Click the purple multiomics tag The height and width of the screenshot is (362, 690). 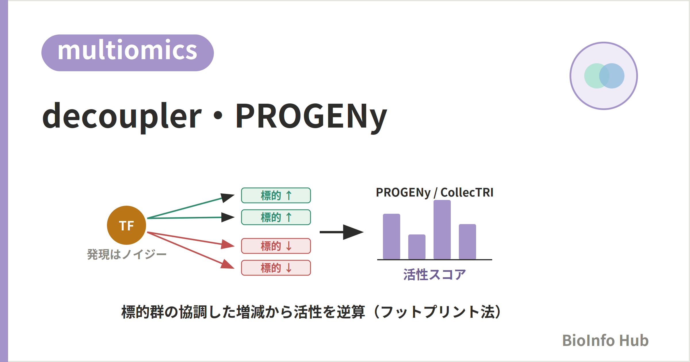click(x=128, y=53)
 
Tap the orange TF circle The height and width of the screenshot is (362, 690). click(x=126, y=225)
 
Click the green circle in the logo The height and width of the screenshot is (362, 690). click(x=592, y=76)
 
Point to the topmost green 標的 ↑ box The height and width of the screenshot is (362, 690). click(x=276, y=195)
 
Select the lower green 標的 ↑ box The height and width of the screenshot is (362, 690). click(x=276, y=217)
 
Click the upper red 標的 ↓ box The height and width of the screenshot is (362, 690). click(x=276, y=246)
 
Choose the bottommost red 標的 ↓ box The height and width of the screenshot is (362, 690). click(x=276, y=268)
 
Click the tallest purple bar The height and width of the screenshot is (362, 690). click(x=442, y=230)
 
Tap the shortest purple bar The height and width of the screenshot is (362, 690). click(x=417, y=247)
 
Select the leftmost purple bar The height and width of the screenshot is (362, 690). click(x=392, y=237)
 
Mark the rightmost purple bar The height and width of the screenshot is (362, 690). click(x=467, y=242)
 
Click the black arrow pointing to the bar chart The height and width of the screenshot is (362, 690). click(x=342, y=232)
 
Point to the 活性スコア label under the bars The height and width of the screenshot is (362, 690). click(x=434, y=274)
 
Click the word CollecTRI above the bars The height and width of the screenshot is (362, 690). click(x=467, y=192)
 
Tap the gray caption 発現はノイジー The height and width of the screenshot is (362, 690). click(x=127, y=254)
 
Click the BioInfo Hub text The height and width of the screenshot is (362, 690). click(x=605, y=340)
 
